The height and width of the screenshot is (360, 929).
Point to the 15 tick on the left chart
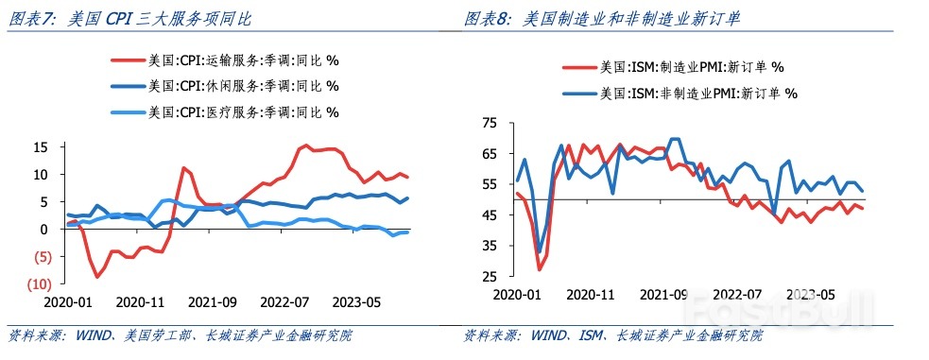pyautogui.click(x=42, y=147)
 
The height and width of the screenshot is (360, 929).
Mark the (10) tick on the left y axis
pyautogui.click(x=39, y=284)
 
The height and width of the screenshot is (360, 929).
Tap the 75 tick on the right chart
pyautogui.click(x=490, y=124)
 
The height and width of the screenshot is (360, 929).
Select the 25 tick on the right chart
pyautogui.click(x=490, y=276)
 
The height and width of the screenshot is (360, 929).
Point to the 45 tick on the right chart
pyautogui.click(x=490, y=215)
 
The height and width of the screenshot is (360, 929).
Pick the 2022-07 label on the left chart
pyautogui.click(x=283, y=303)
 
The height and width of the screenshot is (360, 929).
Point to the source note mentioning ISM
pyautogui.click(x=614, y=335)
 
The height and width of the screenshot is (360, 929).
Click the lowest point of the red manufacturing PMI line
pyautogui.click(x=540, y=269)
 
